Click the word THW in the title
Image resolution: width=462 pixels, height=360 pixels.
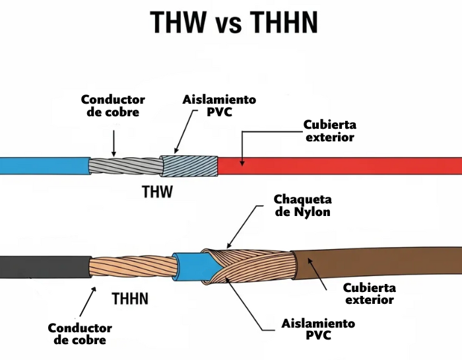(x=177, y=22)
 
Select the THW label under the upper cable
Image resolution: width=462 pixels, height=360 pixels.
(x=157, y=193)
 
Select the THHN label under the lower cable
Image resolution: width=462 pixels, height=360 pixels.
(x=130, y=299)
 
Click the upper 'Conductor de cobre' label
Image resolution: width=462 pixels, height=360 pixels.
(x=113, y=106)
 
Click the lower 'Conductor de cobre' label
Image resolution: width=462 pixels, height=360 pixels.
(x=80, y=334)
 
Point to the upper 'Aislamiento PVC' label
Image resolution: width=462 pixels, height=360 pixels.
(x=219, y=106)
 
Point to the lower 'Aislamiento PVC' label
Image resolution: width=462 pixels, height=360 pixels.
(x=318, y=329)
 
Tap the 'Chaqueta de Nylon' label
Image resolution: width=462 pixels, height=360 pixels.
(x=302, y=206)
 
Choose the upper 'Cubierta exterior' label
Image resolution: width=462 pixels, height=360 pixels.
(x=329, y=131)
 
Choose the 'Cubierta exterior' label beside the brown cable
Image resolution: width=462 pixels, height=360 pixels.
(x=370, y=294)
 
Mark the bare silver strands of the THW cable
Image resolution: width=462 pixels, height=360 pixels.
(x=125, y=166)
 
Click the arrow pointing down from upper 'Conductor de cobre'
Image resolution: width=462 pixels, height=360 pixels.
(x=114, y=142)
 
